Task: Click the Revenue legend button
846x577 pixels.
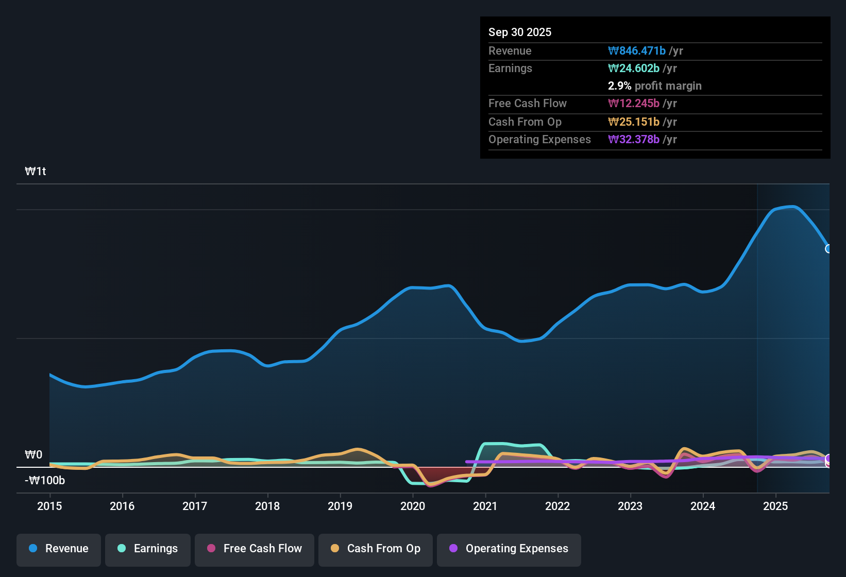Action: pos(59,549)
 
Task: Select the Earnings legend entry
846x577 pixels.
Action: pos(148,549)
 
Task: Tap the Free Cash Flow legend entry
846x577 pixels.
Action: pos(255,549)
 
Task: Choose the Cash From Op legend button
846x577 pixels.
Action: pos(376,549)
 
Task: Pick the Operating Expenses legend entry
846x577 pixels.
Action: pos(509,549)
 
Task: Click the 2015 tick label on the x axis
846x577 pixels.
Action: pos(49,506)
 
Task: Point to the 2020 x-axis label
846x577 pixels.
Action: pos(413,506)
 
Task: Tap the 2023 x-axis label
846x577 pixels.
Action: pos(630,506)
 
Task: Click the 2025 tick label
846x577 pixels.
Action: pos(775,506)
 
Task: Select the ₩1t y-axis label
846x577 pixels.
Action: pos(36,171)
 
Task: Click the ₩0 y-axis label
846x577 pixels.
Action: pos(33,454)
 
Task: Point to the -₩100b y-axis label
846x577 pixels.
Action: pos(45,480)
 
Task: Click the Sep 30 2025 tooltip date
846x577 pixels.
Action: pos(520,32)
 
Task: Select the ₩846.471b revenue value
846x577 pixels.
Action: pos(637,50)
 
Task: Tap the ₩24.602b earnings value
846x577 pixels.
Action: pos(634,68)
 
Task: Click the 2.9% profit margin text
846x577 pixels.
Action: pos(654,86)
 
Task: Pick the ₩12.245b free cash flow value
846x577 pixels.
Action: pos(634,103)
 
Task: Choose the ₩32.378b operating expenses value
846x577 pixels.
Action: pos(634,139)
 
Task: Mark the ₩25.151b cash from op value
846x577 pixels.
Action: pos(634,122)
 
